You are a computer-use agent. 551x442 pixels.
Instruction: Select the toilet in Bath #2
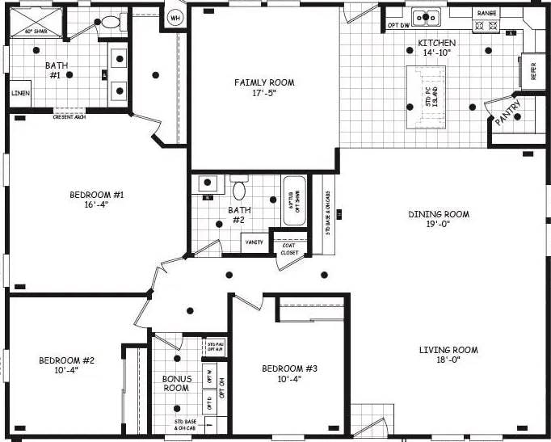point(239,190)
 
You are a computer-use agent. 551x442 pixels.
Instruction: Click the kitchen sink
point(424,18)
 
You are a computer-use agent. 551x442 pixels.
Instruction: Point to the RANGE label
point(486,14)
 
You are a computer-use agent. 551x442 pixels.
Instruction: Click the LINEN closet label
point(20,93)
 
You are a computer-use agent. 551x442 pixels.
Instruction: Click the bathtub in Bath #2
point(293,202)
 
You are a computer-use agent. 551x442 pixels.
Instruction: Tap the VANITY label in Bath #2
point(254,242)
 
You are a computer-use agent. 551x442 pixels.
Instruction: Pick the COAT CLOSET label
point(289,249)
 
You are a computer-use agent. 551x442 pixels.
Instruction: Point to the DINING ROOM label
point(439,219)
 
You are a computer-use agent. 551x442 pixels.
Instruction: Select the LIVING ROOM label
point(448,355)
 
